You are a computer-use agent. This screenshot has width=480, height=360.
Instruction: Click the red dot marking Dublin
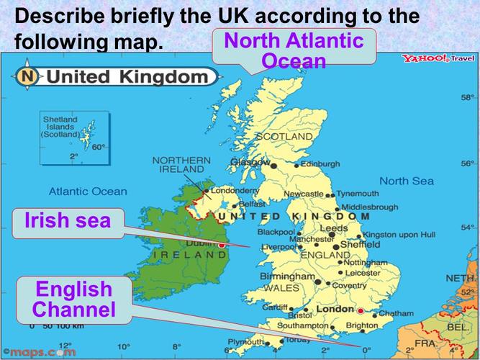(x=222, y=245)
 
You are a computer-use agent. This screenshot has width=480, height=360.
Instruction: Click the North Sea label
(x=407, y=181)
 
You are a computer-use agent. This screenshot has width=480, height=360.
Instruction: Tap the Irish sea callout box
(x=68, y=221)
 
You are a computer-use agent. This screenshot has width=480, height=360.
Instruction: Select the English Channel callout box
(x=73, y=300)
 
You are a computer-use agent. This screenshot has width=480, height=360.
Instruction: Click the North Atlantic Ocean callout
(x=294, y=50)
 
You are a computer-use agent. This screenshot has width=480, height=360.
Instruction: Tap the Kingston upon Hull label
(x=399, y=235)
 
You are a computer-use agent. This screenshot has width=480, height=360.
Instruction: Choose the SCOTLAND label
(x=284, y=136)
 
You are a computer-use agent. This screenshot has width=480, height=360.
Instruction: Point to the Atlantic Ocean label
(x=88, y=192)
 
